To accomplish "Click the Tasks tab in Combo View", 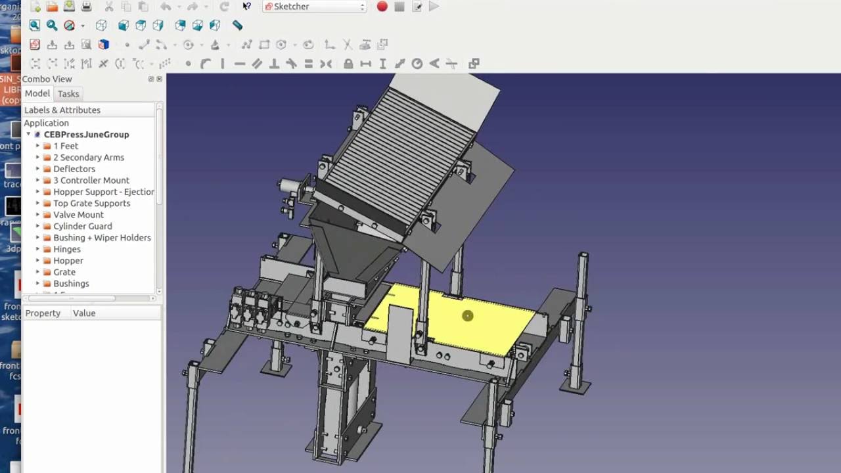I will point(68,94).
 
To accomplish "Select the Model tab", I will point(37,93).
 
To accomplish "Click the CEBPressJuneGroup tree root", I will point(86,135).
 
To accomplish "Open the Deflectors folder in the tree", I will point(74,169).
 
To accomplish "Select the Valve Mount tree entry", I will point(78,215).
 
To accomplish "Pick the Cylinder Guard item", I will point(82,226).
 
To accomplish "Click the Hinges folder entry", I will point(66,249).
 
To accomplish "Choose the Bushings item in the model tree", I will point(70,284).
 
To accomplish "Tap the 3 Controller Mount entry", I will point(91,180).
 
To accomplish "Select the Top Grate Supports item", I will point(91,203).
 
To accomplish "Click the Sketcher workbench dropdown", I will point(314,7).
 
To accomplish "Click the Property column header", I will point(43,313).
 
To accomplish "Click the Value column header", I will point(84,313).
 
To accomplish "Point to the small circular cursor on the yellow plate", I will point(467,316).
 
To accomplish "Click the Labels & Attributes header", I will point(62,110).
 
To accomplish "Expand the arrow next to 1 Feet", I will point(37,146).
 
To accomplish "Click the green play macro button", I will point(434,7).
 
